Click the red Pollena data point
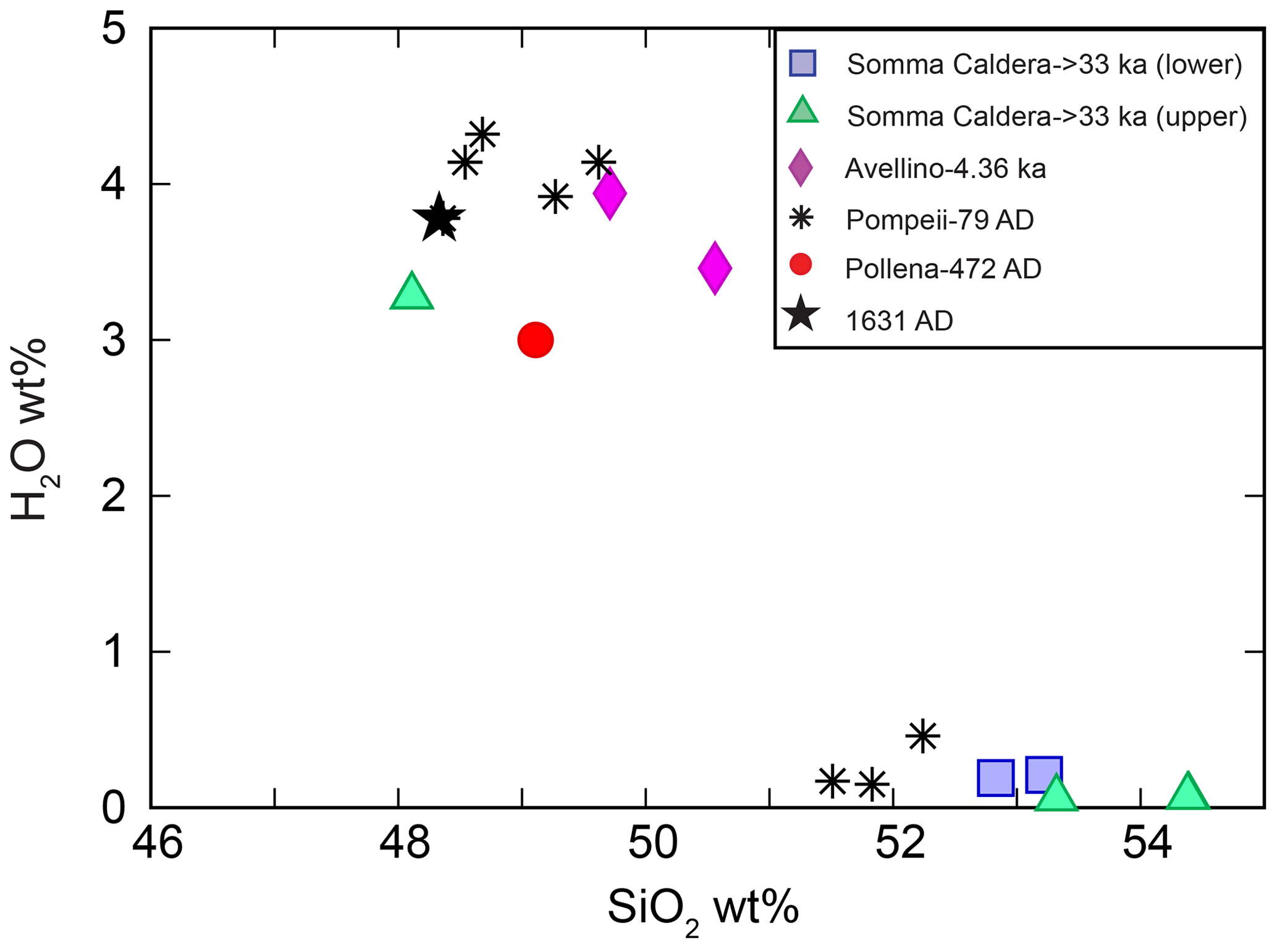click(535, 339)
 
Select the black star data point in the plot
click(439, 218)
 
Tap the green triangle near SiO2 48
click(411, 292)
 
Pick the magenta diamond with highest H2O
click(610, 193)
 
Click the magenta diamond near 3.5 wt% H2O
click(715, 268)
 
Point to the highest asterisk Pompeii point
click(483, 134)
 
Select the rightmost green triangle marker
click(1187, 793)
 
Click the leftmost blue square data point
click(995, 777)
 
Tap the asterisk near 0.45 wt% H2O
click(922, 736)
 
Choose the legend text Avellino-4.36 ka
click(945, 168)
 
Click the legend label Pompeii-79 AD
click(940, 219)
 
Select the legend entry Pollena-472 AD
click(943, 268)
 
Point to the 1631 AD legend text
click(899, 320)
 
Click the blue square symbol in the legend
click(803, 64)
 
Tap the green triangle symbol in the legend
click(803, 111)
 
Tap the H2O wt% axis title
click(31, 430)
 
